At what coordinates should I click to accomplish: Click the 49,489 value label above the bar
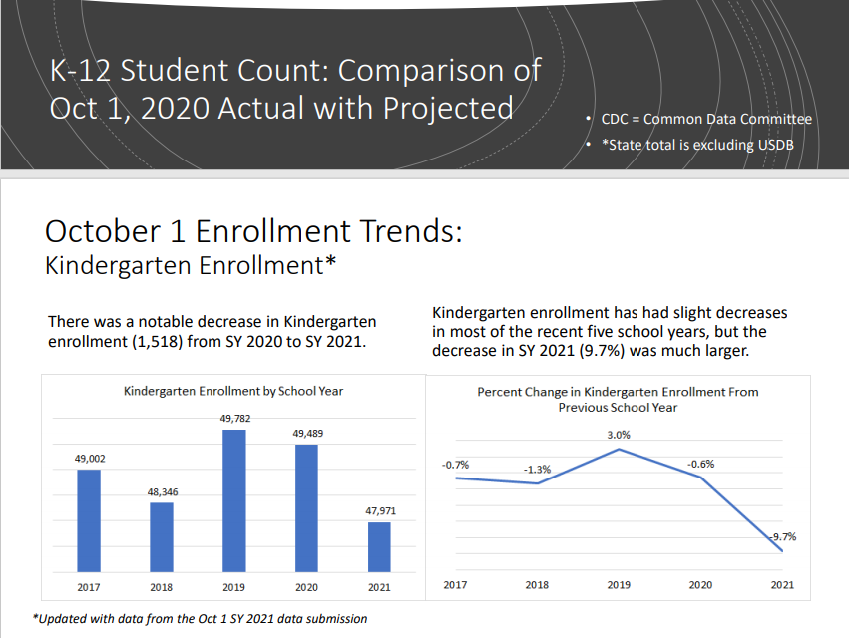[x=307, y=434]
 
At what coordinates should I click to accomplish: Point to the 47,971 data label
[x=379, y=510]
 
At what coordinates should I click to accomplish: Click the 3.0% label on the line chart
[x=618, y=435]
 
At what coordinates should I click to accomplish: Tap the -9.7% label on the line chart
[x=783, y=536]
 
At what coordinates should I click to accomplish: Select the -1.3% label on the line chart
[x=536, y=468]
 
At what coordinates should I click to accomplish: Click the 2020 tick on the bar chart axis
[x=307, y=587]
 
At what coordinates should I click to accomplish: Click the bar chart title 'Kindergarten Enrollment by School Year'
[x=233, y=391]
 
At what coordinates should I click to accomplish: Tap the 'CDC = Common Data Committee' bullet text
[x=706, y=119]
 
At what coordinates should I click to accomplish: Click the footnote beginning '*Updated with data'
[x=201, y=619]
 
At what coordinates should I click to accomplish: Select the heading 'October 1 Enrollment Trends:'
[x=254, y=230]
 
